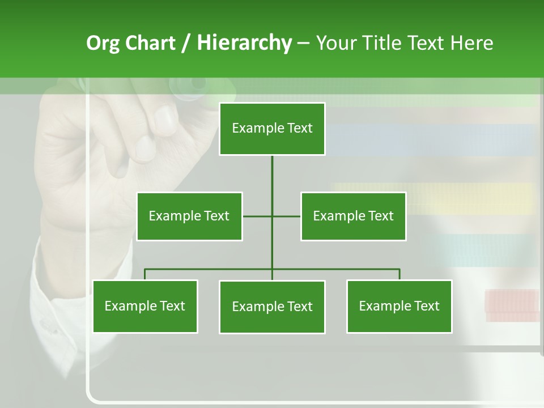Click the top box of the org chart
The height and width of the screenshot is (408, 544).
272,129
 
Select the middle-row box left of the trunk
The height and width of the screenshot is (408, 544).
189,216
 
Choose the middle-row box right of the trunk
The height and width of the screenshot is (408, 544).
353,216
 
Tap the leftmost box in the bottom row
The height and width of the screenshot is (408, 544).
145,306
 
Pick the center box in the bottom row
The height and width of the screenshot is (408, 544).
272,307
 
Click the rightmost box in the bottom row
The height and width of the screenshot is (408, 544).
399,306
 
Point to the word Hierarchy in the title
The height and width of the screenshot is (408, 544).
244,43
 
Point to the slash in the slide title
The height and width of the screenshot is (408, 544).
186,43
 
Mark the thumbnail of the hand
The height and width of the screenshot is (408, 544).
165,118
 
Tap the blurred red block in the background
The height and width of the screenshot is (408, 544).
511,301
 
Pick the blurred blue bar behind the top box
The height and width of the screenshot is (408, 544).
431,139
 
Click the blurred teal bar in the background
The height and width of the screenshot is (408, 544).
482,249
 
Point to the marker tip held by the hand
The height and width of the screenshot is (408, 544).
198,83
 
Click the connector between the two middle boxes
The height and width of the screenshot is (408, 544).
272,216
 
